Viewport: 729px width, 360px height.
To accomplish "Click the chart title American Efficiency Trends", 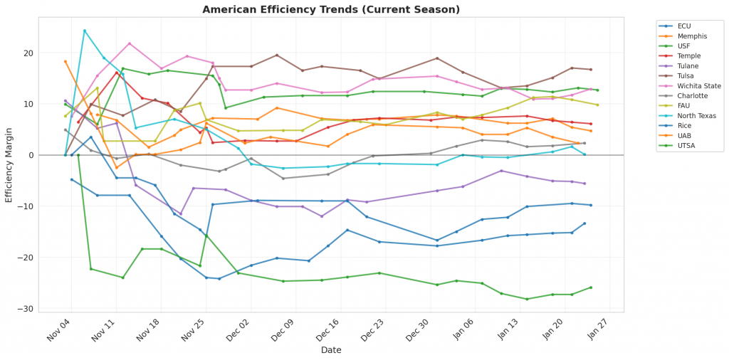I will pos(331,9).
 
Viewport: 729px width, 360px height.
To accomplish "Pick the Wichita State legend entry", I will pos(700,85).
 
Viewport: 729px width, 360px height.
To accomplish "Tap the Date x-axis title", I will pos(331,350).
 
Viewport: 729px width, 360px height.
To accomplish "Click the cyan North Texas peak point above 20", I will pos(85,31).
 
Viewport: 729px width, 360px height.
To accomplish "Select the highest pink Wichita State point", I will pos(130,43).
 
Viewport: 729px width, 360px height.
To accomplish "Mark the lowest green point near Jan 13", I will pos(527,299).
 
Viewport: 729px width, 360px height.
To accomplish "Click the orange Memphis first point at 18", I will pos(65,62).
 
